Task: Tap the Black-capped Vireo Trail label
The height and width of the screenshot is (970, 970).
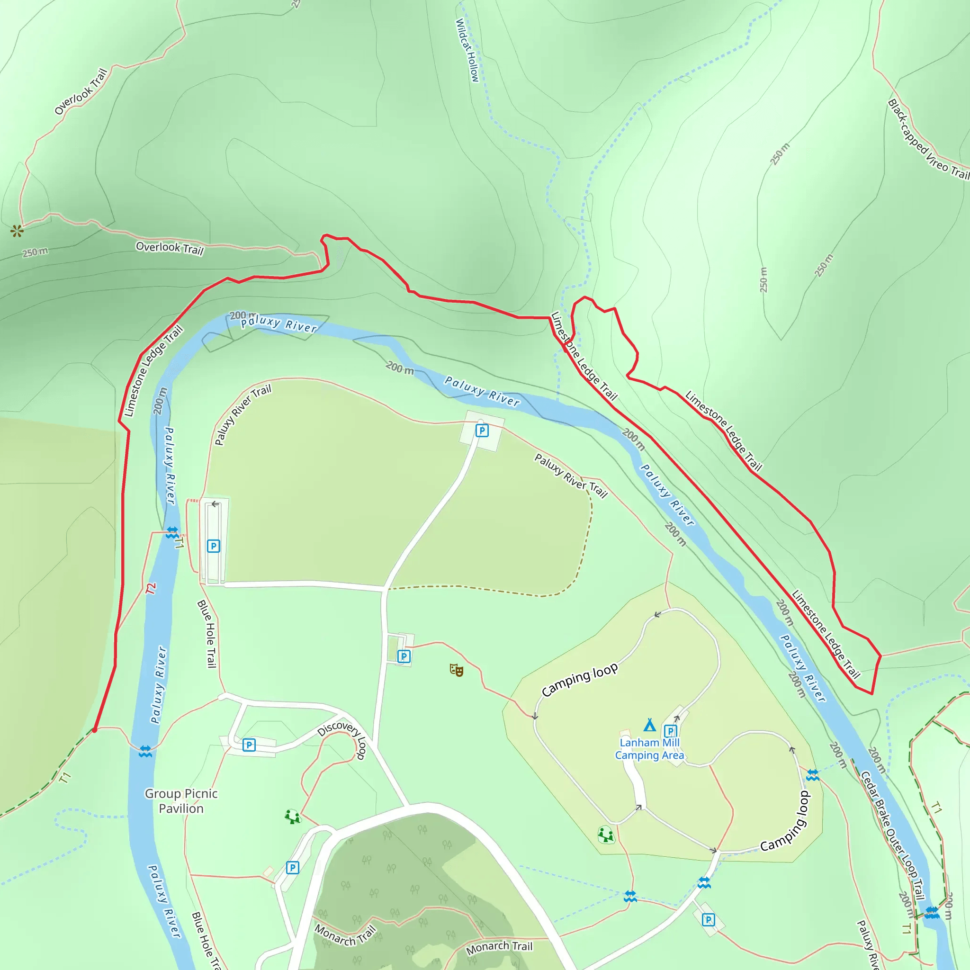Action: [928, 140]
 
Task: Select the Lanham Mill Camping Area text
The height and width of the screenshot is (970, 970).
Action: [649, 749]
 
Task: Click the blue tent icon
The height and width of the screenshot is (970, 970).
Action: [650, 725]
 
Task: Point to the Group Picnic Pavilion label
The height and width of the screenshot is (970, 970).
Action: [181, 801]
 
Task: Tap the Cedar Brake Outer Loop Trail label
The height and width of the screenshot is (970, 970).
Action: [892, 835]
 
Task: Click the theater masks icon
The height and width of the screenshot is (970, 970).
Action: [457, 670]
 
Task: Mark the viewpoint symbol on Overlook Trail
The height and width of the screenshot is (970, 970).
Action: [17, 231]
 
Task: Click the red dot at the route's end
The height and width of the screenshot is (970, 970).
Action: [94, 730]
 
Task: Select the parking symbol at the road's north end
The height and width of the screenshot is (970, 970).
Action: [482, 430]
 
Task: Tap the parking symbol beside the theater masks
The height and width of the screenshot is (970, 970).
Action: [404, 656]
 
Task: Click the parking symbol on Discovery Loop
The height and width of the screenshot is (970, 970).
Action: [249, 745]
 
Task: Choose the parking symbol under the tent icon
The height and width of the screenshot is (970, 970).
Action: [670, 731]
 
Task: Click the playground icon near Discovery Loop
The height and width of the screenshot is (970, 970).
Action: [292, 817]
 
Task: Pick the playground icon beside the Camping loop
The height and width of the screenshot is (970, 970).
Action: [606, 835]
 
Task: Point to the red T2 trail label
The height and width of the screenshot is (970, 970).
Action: [151, 588]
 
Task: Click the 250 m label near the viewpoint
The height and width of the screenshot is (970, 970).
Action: [35, 252]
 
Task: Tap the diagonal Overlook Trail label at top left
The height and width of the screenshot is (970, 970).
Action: [81, 91]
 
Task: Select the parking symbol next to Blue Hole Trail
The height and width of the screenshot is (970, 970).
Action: [214, 546]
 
